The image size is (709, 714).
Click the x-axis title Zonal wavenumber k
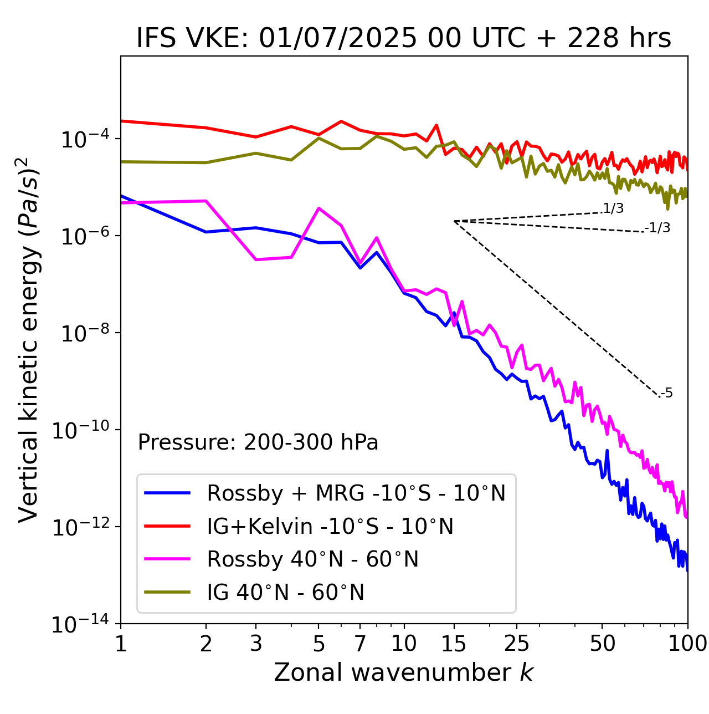tap(403, 672)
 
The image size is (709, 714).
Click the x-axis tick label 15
tap(454, 644)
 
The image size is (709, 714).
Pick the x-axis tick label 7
tap(360, 644)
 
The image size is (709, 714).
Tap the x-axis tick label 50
tap(602, 644)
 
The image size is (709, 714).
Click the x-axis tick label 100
tap(687, 644)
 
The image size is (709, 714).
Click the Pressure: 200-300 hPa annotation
tap(258, 442)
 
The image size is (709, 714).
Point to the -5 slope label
tap(667, 394)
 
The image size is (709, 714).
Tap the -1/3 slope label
tap(658, 228)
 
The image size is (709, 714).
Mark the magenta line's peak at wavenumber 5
tap(318, 208)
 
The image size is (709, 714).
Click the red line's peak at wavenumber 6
tap(341, 121)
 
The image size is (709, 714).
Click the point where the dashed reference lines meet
tap(454, 221)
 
